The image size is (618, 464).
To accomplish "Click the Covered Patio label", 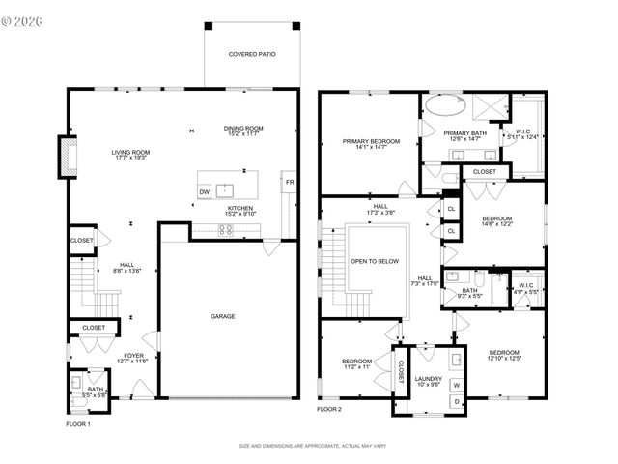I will (x=251, y=55).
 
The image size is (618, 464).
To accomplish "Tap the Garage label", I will (x=223, y=316).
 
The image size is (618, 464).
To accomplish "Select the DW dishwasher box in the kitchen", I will (x=205, y=192).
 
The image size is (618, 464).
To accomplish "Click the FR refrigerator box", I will (x=288, y=182).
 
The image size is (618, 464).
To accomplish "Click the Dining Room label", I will (x=244, y=129).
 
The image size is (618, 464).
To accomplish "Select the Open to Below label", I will (x=377, y=261).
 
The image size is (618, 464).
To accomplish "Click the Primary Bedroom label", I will (x=371, y=141).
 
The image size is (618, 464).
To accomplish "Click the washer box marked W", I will (x=456, y=386).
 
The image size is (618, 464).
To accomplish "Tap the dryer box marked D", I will (x=456, y=401).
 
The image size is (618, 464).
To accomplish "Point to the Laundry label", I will (x=428, y=378).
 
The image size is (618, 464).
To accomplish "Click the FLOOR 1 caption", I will (x=78, y=424).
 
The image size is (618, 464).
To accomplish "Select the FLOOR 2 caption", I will (x=330, y=410).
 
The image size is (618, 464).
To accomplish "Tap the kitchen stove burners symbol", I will (x=226, y=230).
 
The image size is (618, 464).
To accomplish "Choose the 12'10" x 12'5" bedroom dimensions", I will (x=503, y=359).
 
